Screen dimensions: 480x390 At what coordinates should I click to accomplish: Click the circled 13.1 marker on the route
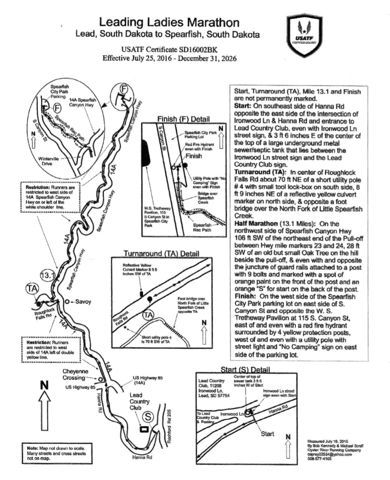[48, 275]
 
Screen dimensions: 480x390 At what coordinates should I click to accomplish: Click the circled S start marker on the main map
[148, 418]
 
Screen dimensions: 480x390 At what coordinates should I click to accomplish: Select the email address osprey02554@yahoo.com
[330, 454]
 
